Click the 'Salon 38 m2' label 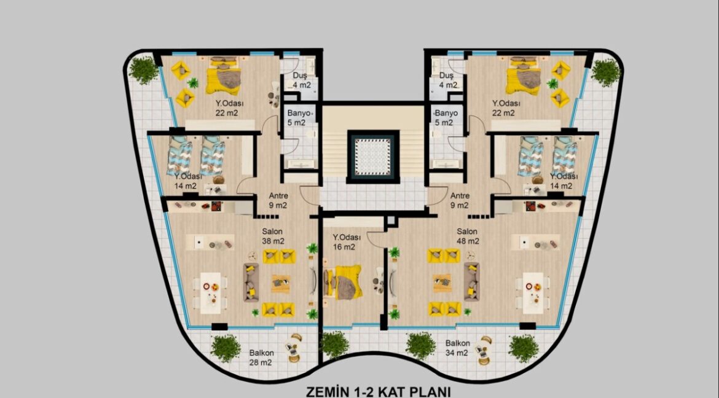(x=272, y=236)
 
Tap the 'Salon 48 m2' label (x=467, y=236)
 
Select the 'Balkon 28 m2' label (x=261, y=357)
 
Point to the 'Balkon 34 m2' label (x=457, y=348)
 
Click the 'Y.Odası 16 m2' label (x=347, y=242)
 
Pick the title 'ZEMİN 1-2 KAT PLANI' (x=379, y=392)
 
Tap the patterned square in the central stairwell (x=373, y=157)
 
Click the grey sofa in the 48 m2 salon (x=472, y=281)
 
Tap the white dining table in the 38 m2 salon (x=210, y=293)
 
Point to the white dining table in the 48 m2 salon (x=533, y=293)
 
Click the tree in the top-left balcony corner (x=144, y=69)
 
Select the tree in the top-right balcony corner (x=606, y=72)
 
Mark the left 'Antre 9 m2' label (x=278, y=200)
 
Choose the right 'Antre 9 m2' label (x=460, y=200)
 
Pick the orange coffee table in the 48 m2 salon (x=442, y=283)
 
